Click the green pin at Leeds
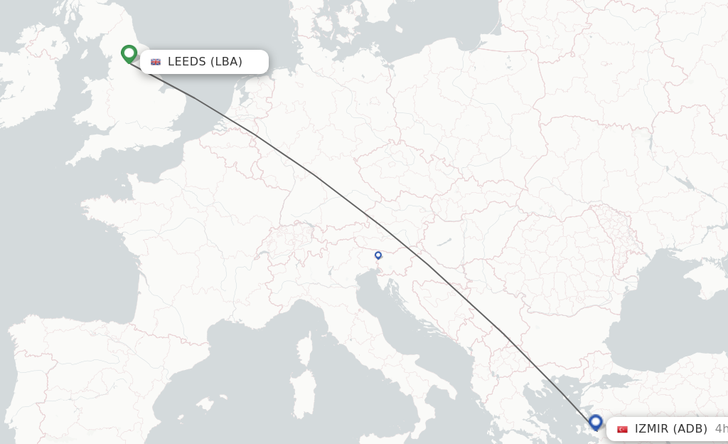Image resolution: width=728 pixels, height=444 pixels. click(x=129, y=53)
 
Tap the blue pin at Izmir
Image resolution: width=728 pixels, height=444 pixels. click(x=596, y=423)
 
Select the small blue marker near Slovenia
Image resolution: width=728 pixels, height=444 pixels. click(x=378, y=255)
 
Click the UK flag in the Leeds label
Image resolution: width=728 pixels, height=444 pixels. click(x=156, y=62)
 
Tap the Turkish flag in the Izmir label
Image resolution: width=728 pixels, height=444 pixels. click(x=623, y=429)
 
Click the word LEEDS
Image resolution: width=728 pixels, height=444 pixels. click(x=187, y=62)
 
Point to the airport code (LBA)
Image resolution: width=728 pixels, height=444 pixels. click(x=226, y=62)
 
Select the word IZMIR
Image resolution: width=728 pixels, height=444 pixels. click(x=651, y=429)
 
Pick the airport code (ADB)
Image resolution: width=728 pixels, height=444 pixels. click(x=690, y=429)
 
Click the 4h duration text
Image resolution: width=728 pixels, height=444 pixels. click(x=720, y=429)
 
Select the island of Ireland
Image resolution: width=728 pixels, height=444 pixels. click(x=28, y=71)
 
